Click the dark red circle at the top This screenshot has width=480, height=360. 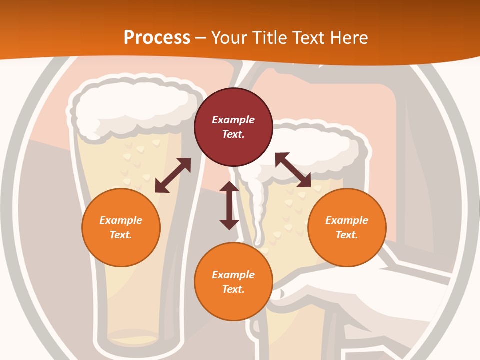coord(233,127)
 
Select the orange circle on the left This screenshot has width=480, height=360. coord(121,227)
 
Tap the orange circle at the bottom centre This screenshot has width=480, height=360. coord(233,282)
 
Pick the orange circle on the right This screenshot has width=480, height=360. coord(347,227)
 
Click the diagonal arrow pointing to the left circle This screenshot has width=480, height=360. coord(173,175)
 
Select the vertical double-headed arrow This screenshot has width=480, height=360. coord(229,205)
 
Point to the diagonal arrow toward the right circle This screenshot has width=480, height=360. coord(293,170)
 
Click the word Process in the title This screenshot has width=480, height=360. coord(157,37)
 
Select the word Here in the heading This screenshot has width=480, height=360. coord(349,37)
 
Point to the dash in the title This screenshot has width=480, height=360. coord(201,38)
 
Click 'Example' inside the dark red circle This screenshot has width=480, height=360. coord(233,120)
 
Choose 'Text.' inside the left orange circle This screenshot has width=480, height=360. coord(121,235)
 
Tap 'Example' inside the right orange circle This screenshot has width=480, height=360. coord(347,220)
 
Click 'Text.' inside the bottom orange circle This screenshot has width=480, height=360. coord(233,289)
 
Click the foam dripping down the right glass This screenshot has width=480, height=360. coord(258,210)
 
